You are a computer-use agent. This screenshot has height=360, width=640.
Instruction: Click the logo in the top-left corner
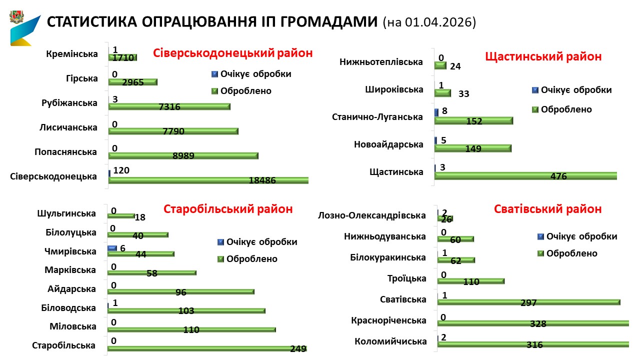click(x=24, y=29)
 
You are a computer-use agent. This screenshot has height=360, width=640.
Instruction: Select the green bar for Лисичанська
click(x=173, y=131)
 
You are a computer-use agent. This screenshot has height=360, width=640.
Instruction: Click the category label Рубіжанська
click(x=69, y=103)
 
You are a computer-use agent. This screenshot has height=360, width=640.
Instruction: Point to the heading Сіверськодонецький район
click(x=232, y=53)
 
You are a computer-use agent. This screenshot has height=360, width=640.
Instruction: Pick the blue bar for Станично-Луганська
click(x=436, y=112)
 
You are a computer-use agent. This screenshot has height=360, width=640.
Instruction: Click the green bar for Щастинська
click(x=525, y=175)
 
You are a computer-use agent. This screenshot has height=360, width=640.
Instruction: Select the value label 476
click(x=558, y=176)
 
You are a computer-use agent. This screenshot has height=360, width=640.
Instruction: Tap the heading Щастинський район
click(x=543, y=56)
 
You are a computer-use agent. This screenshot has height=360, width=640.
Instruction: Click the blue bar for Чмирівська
click(x=112, y=248)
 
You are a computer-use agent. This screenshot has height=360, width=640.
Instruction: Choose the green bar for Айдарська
click(x=180, y=291)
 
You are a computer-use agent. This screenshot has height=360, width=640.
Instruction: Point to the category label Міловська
click(x=73, y=326)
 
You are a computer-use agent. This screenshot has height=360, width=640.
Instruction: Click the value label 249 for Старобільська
click(x=298, y=348)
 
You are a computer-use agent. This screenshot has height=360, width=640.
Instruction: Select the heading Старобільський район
click(x=228, y=209)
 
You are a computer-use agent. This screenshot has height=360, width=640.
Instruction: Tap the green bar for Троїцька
click(x=470, y=281)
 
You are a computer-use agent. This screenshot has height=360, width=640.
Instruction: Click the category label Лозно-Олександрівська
click(x=372, y=215)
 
